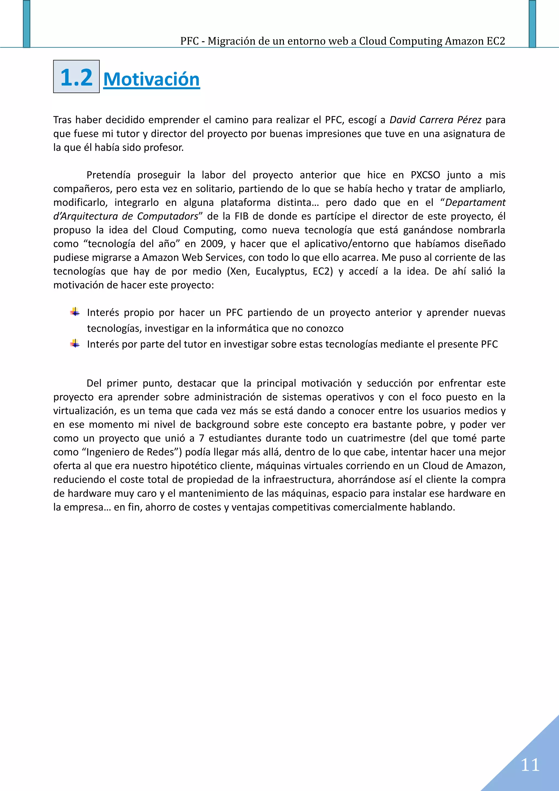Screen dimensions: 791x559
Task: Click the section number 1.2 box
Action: point(76,77)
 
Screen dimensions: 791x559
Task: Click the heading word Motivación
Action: point(151,79)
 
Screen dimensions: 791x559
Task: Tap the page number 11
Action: point(530,765)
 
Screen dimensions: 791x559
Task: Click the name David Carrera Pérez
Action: point(435,120)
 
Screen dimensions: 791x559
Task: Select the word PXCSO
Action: point(425,175)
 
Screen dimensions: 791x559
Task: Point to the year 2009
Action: point(212,244)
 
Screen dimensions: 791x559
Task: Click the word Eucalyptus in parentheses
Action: point(281,271)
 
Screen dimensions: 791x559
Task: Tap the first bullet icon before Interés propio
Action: point(75,312)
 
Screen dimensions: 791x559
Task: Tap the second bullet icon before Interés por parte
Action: point(75,344)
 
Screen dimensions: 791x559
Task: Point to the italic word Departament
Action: point(475,203)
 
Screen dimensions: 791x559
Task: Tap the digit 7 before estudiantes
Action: point(201,438)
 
